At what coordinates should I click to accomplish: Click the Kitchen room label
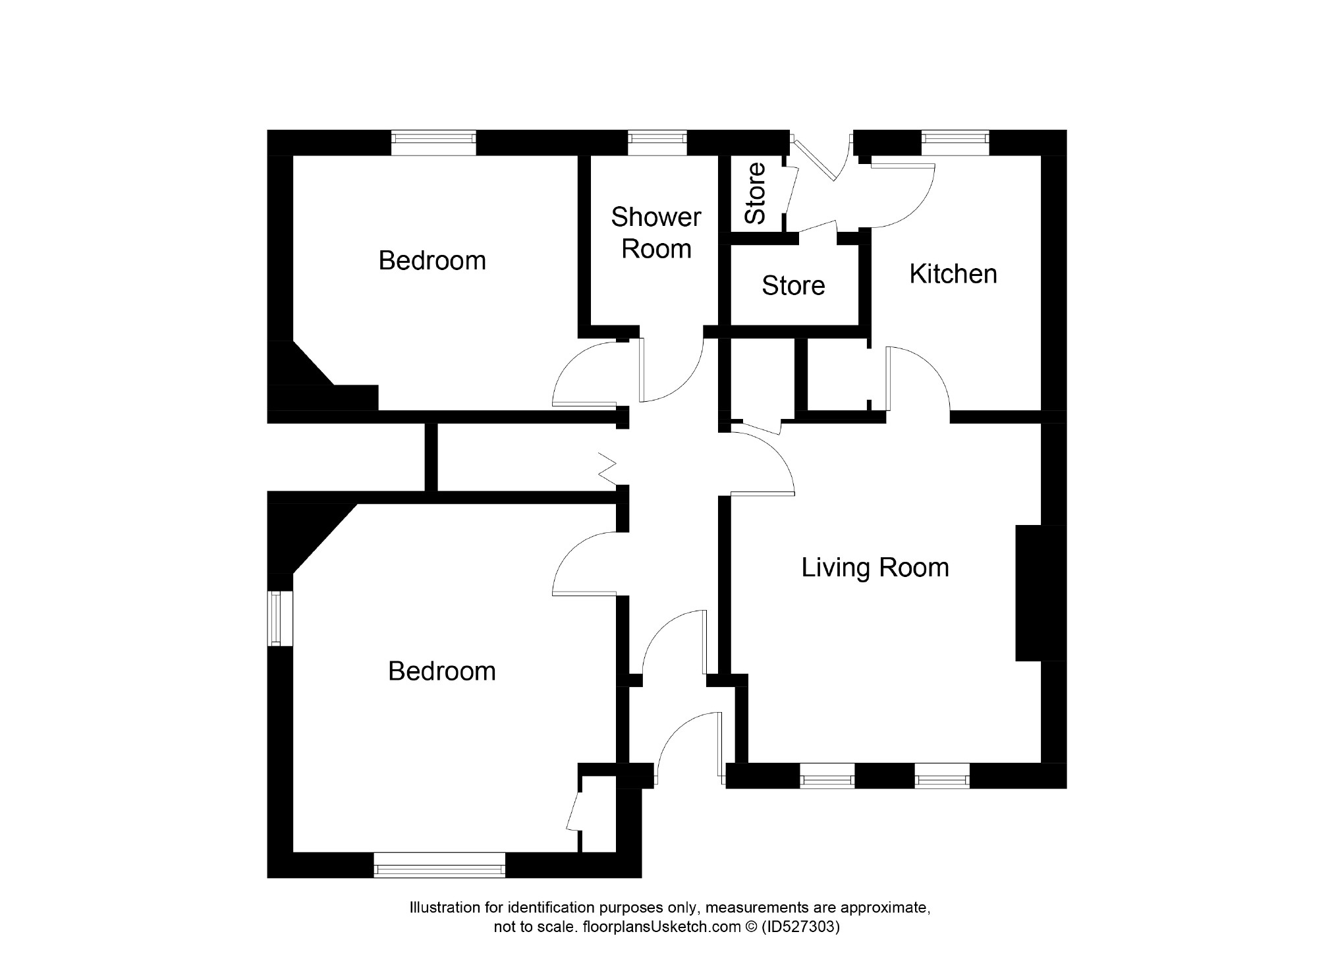953,274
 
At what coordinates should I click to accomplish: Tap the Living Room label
874,567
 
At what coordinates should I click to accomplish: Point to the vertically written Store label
755,193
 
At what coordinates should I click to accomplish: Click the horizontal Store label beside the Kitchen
793,286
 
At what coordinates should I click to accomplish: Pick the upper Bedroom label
432,261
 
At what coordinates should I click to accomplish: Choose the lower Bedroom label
441,671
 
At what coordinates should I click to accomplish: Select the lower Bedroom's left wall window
279,618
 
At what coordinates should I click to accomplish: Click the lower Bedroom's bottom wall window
439,865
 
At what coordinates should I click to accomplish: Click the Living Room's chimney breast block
1040,593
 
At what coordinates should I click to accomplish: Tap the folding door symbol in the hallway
607,468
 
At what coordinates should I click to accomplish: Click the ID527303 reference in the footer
800,927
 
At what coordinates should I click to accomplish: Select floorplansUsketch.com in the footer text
661,927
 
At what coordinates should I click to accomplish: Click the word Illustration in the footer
445,908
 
